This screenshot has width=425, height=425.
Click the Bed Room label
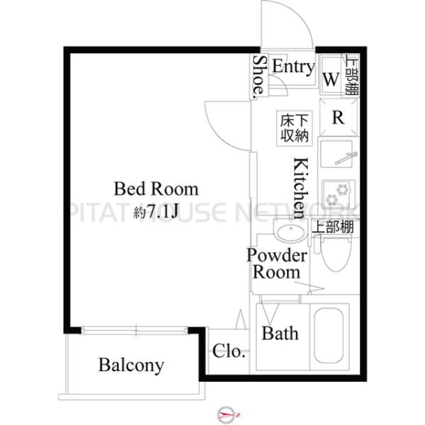(157, 190)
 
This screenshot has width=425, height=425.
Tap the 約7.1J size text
(157, 210)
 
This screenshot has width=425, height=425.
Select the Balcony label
(131, 365)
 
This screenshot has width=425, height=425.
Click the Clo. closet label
(229, 351)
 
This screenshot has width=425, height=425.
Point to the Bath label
(280, 333)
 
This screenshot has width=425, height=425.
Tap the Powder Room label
(276, 263)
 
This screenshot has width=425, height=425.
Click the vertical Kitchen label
(300, 187)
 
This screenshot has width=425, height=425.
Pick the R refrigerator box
(339, 118)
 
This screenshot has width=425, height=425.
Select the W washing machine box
(331, 79)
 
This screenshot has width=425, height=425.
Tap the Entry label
(293, 67)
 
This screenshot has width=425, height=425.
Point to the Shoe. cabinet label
(260, 76)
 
